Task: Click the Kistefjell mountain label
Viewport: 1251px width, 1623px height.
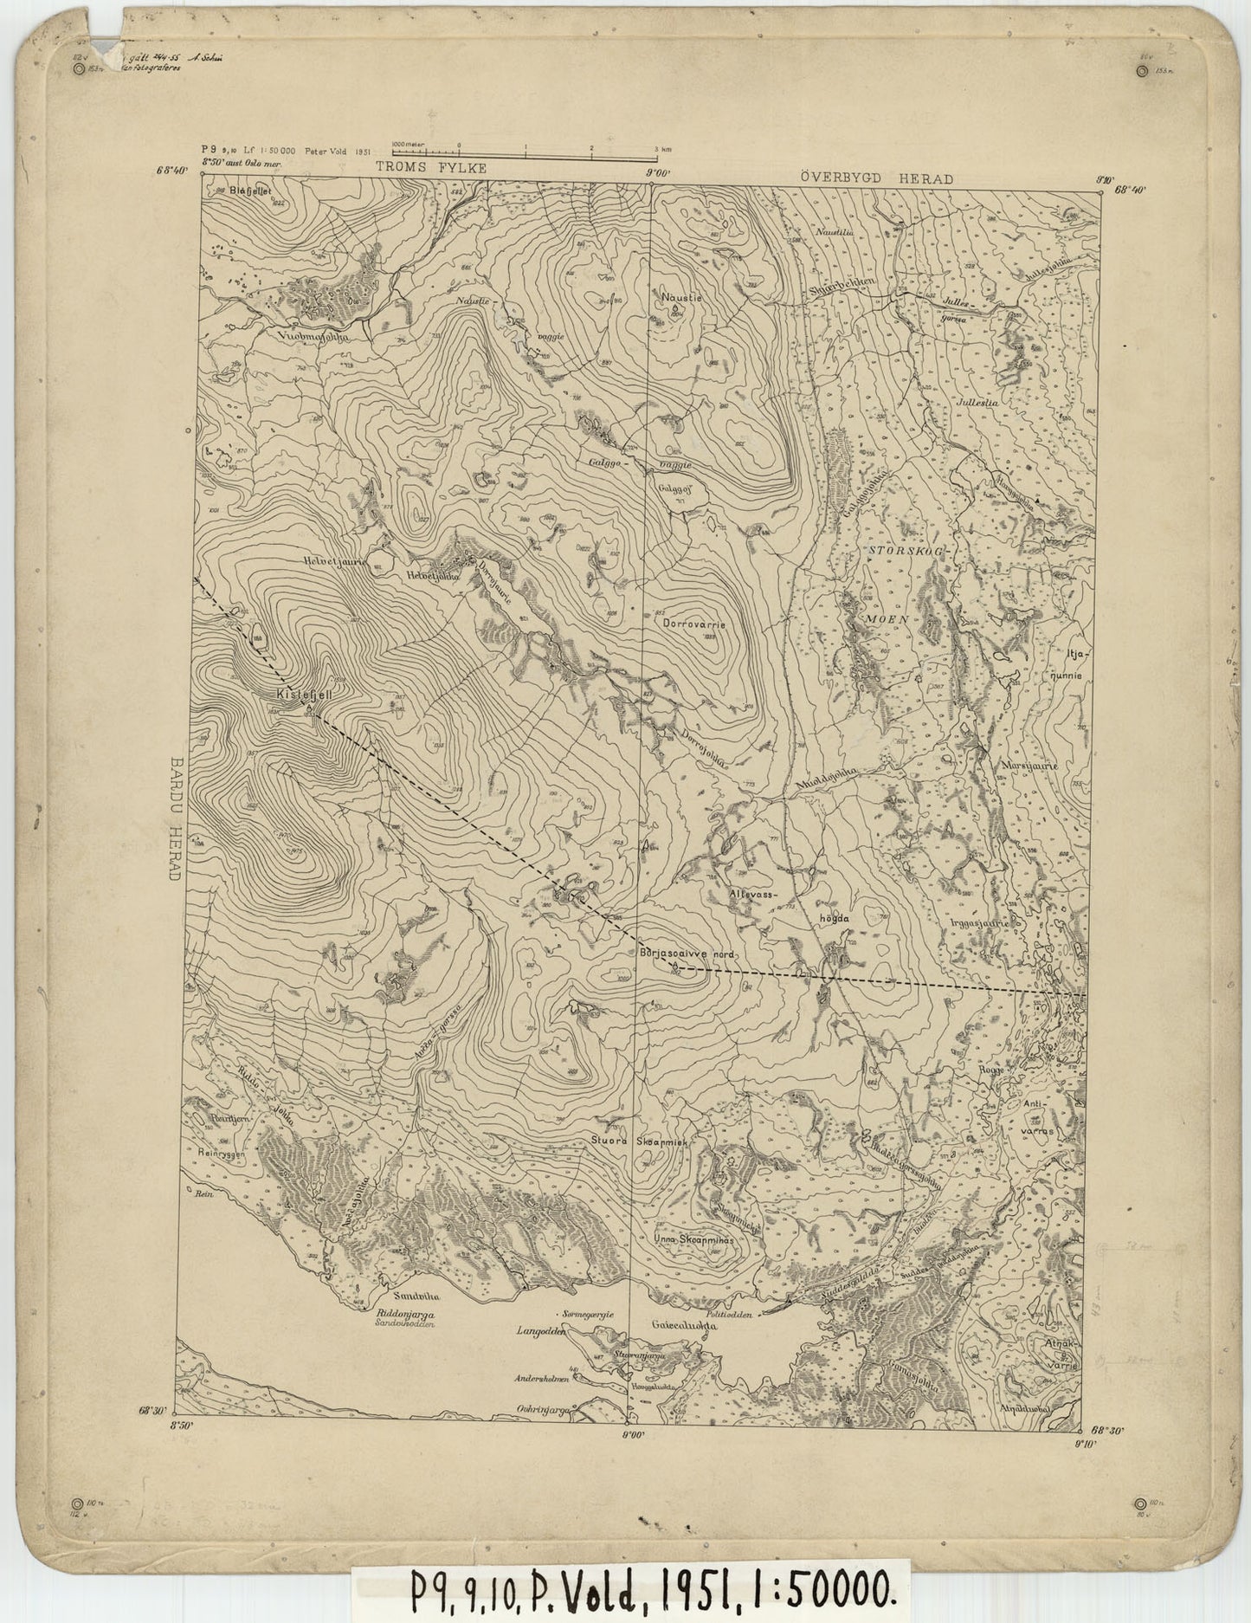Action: coord(298,694)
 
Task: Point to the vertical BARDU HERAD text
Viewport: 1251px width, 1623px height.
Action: coord(174,818)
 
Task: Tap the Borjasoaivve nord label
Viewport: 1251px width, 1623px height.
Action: coord(686,953)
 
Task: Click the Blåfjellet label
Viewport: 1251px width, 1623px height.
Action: coord(251,187)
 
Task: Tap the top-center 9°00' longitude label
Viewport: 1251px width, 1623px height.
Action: coord(660,172)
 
